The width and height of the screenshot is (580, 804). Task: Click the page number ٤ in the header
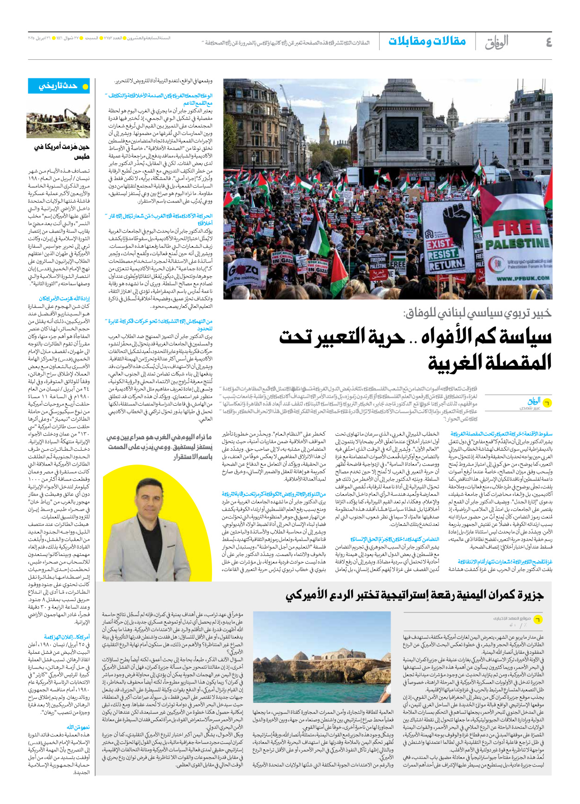[x=549, y=43]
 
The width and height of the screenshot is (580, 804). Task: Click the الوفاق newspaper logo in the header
[x=496, y=42]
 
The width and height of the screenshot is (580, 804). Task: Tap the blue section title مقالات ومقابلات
[x=427, y=42]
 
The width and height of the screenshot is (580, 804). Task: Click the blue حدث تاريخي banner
[x=58, y=86]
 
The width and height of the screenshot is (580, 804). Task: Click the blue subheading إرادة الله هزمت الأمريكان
[x=64, y=299]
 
